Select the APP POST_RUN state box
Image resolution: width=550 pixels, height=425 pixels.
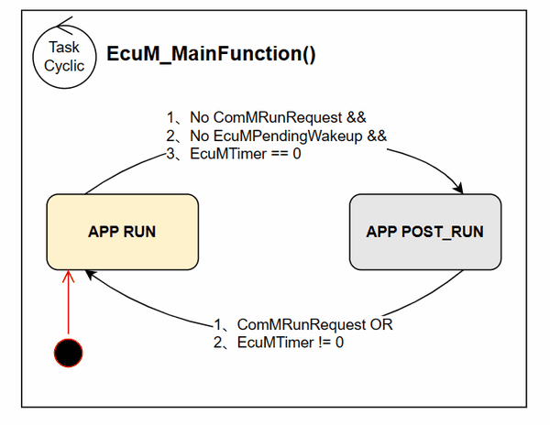click(x=424, y=232)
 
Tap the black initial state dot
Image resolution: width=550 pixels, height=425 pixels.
click(x=69, y=352)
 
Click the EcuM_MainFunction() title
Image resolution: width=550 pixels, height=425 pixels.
click(x=212, y=53)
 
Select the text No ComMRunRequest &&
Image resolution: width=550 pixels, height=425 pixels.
click(x=278, y=118)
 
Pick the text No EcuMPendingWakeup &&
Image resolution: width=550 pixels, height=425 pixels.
click(x=288, y=136)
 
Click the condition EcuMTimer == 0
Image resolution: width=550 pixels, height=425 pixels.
click(x=246, y=153)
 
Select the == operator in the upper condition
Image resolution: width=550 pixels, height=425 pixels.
click(x=279, y=153)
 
